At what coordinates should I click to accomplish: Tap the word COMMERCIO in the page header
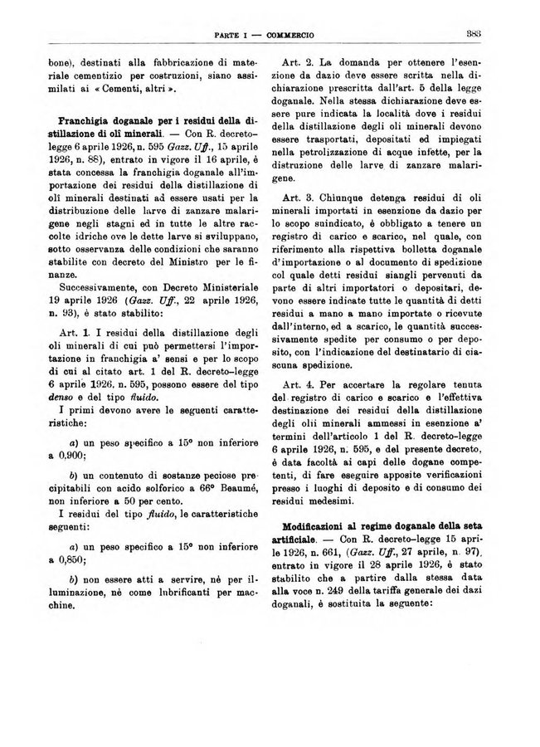[294, 35]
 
